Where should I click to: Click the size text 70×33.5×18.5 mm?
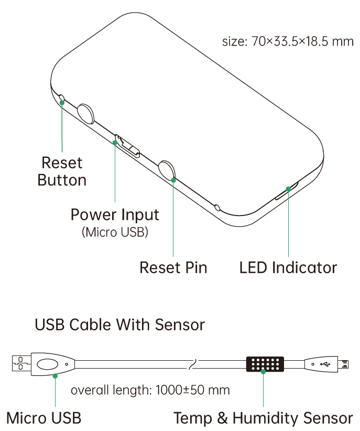point(288,41)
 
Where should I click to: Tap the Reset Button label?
point(62,171)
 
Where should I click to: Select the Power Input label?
point(115,214)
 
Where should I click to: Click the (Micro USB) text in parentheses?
point(115,232)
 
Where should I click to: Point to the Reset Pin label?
point(173,267)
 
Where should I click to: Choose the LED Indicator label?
point(288,267)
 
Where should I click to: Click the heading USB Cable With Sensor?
point(119,325)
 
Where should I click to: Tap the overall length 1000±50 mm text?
point(150,390)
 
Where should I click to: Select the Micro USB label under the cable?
point(44,418)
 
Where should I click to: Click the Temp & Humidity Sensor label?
point(263,418)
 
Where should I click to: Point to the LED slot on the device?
point(286,192)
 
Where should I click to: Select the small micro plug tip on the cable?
point(344,363)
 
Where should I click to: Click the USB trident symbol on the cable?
point(325,363)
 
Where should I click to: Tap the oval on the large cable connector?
point(48,363)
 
